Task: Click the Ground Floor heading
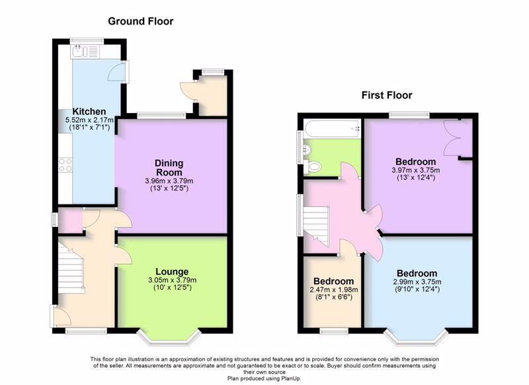pos(141,21)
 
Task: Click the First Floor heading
pos(387,95)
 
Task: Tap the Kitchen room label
pos(89,111)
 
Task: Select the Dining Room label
pos(169,168)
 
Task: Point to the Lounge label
pos(172,272)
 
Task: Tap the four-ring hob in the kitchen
pos(65,165)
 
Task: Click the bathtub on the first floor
pos(332,128)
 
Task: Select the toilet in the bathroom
pos(312,167)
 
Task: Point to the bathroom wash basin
pos(306,150)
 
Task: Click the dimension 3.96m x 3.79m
pos(169,181)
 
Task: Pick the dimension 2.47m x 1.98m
pos(334,290)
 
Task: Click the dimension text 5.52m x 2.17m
pos(89,120)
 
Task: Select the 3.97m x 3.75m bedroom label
pos(416,170)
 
